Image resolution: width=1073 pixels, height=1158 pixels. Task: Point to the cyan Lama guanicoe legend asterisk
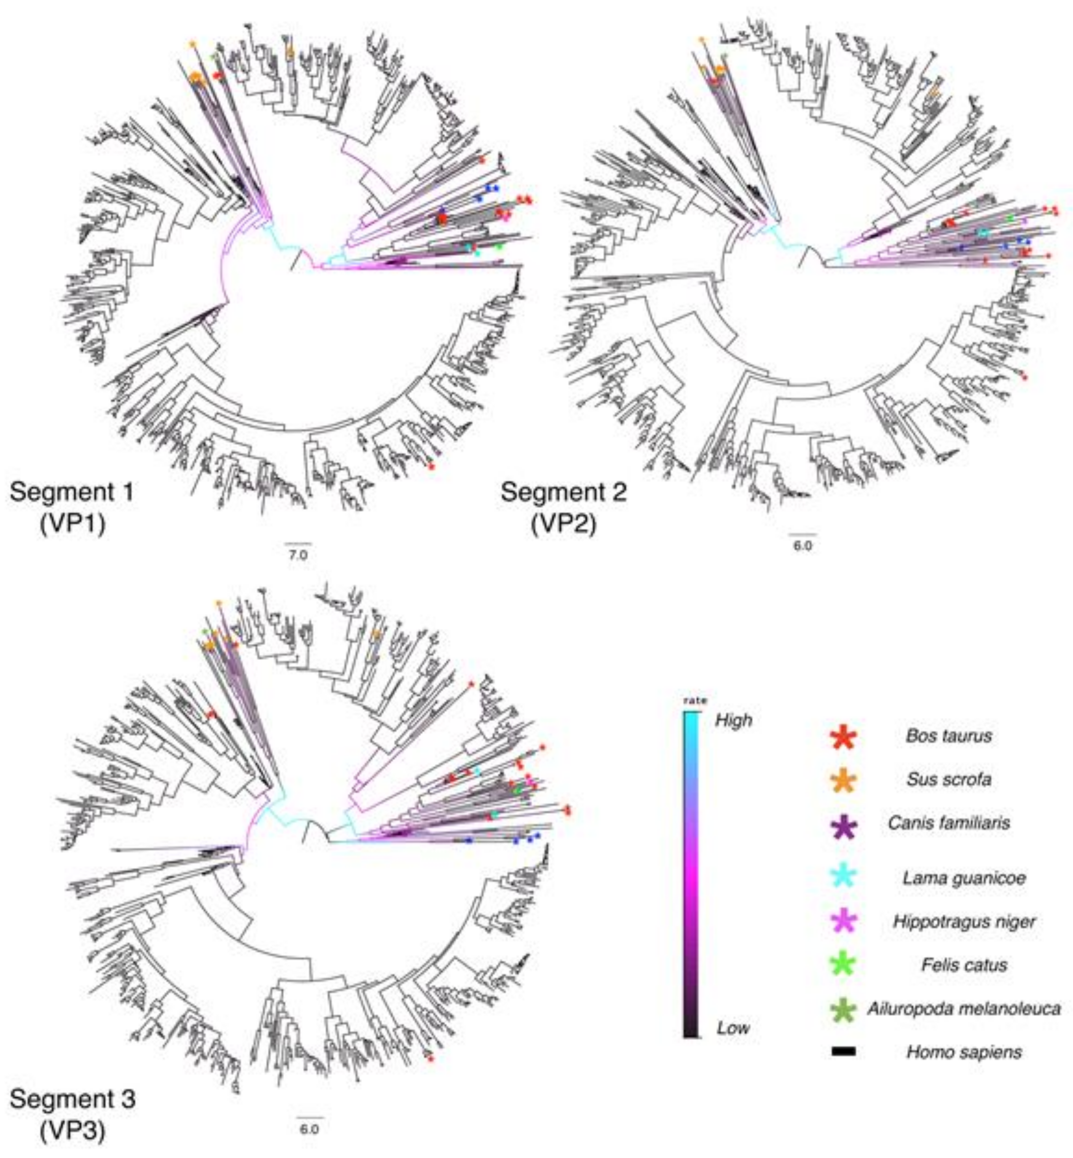tap(844, 877)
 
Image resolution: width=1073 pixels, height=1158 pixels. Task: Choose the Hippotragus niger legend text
tap(964, 922)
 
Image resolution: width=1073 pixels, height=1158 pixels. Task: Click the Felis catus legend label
tap(964, 965)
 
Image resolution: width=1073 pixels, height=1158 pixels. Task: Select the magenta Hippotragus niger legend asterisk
tap(844, 922)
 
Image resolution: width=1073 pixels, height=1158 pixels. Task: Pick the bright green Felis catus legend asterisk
tap(844, 965)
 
